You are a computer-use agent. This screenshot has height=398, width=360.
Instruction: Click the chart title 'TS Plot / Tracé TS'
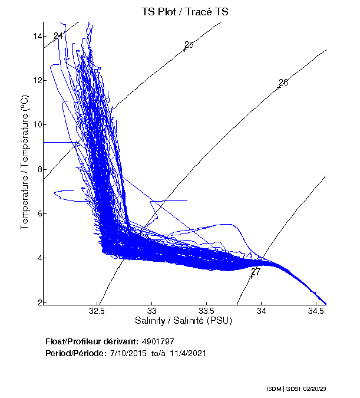(x=185, y=11)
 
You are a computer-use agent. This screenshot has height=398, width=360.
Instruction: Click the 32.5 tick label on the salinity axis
(x=98, y=310)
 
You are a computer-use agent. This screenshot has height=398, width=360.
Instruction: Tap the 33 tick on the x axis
(x=153, y=310)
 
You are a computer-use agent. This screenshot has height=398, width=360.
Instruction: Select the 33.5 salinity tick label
(x=207, y=310)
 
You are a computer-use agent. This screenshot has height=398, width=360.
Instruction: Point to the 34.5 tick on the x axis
(x=316, y=310)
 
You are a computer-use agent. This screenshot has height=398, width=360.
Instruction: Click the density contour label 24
(x=58, y=36)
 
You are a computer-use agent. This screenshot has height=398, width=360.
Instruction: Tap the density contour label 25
(x=189, y=45)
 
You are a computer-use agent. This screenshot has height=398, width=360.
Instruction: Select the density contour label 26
(x=283, y=82)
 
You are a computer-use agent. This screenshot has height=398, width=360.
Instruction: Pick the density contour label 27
(x=256, y=271)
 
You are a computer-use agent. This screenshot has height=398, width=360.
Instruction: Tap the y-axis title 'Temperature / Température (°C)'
(x=25, y=163)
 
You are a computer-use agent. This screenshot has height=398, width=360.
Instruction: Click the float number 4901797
(x=158, y=341)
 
